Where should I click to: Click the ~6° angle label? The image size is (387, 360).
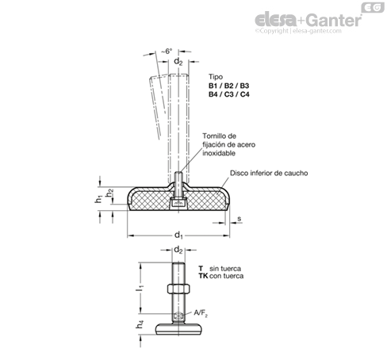(167, 52)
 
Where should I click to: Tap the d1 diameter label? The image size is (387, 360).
(178, 235)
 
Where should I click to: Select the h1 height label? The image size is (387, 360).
(98, 199)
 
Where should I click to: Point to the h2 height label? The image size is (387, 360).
(109, 193)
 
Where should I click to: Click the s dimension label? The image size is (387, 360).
(239, 219)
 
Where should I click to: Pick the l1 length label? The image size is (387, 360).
(140, 287)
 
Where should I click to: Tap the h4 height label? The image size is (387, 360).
(140, 324)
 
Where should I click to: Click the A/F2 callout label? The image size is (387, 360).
(201, 313)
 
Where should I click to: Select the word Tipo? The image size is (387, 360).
(216, 77)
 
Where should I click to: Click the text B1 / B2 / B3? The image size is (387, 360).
(228, 86)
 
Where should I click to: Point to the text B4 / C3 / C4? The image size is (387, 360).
(228, 94)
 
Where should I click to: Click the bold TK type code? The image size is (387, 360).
(203, 276)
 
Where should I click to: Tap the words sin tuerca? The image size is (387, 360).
(225, 269)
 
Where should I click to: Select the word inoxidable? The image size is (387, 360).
(219, 153)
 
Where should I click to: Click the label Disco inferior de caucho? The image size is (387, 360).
(269, 173)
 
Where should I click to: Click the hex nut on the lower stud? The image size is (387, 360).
(178, 289)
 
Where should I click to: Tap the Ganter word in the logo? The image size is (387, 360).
(335, 20)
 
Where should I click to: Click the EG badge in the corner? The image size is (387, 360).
(373, 7)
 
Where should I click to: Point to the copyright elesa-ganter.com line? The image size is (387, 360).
(298, 31)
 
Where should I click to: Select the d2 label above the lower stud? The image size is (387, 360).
(178, 250)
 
